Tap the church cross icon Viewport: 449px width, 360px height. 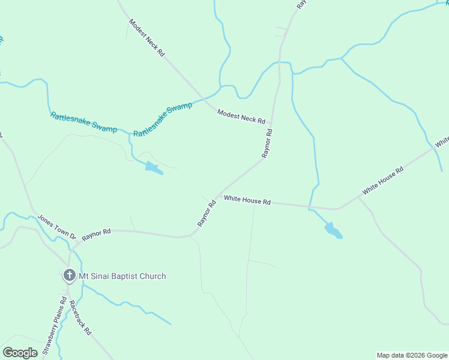coord(70,276)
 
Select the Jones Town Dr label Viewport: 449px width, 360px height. coord(57,227)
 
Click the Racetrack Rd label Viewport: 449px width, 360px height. coord(80,317)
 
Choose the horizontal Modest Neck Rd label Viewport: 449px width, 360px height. coord(241,116)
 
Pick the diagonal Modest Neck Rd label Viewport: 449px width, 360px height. coord(146,37)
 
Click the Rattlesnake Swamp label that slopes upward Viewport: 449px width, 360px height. coord(163,120)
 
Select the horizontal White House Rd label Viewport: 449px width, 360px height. coord(247,200)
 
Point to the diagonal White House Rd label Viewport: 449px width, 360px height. coord(382,181)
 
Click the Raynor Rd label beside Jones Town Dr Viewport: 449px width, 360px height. coord(97,233)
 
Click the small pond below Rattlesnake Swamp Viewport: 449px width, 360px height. coord(153,168)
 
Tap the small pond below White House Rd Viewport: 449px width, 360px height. coord(333,230)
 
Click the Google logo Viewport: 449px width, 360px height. coord(20,353)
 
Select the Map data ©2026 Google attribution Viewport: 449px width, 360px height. coord(412,355)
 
